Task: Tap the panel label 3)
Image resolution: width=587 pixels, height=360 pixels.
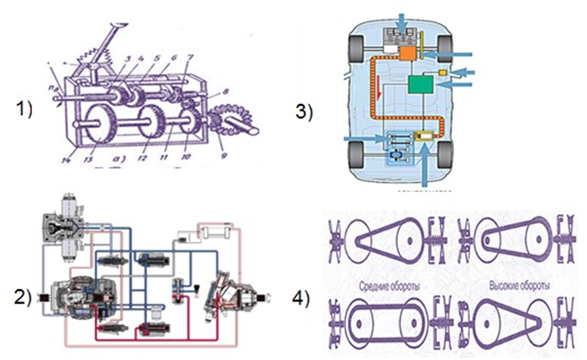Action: pyautogui.click(x=303, y=112)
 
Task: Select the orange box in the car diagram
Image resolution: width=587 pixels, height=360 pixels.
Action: pyautogui.click(x=408, y=53)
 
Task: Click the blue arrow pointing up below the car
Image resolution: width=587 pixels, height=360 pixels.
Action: pyautogui.click(x=424, y=165)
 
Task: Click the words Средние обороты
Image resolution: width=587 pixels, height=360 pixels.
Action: pyautogui.click(x=387, y=287)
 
